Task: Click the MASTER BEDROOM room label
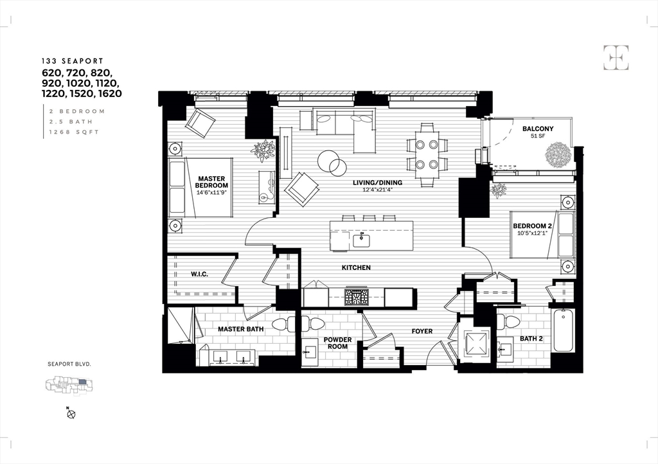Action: point(212,182)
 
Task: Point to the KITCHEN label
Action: point(356,267)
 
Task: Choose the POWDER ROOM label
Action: point(337,343)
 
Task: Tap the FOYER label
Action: point(422,332)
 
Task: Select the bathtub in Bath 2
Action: point(563,330)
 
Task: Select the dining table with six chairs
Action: point(427,154)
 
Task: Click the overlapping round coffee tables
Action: point(333,162)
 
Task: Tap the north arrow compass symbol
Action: point(71,414)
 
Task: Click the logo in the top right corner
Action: point(616,58)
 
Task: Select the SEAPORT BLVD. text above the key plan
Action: point(69,364)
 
